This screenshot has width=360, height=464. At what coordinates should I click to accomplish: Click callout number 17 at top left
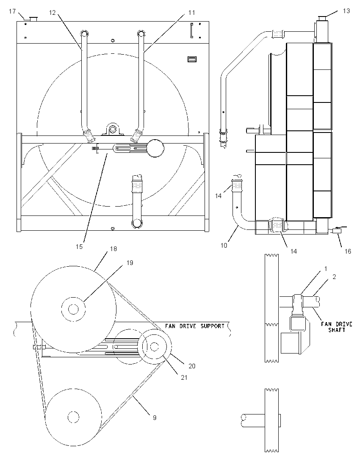click(x=12, y=11)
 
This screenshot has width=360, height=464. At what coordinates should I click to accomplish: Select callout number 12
click(x=52, y=13)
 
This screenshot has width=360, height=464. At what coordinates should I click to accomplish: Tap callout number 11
click(x=191, y=12)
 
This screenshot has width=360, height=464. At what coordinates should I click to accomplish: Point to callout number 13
click(x=346, y=11)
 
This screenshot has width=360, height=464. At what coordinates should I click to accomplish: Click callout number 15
click(x=79, y=246)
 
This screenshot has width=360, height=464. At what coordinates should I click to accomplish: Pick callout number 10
click(x=224, y=245)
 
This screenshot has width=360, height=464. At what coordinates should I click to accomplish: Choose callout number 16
click(x=348, y=251)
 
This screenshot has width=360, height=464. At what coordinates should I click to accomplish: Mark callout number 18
click(x=114, y=249)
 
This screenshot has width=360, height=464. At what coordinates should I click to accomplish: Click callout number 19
click(x=130, y=263)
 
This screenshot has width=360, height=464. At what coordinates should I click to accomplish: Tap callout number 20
click(x=192, y=366)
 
